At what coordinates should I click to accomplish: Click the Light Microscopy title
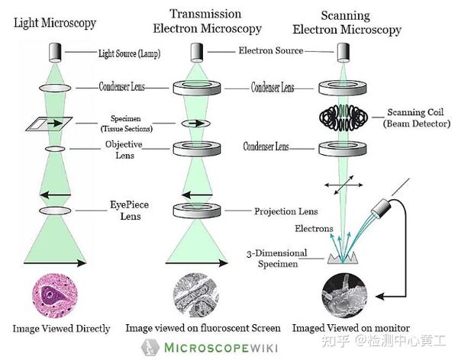(x=55, y=23)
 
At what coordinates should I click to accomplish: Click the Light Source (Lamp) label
(x=129, y=53)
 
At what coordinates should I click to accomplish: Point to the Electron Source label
(x=271, y=51)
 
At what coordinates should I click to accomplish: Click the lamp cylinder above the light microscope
(x=53, y=52)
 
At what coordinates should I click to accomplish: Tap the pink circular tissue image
(x=53, y=296)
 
